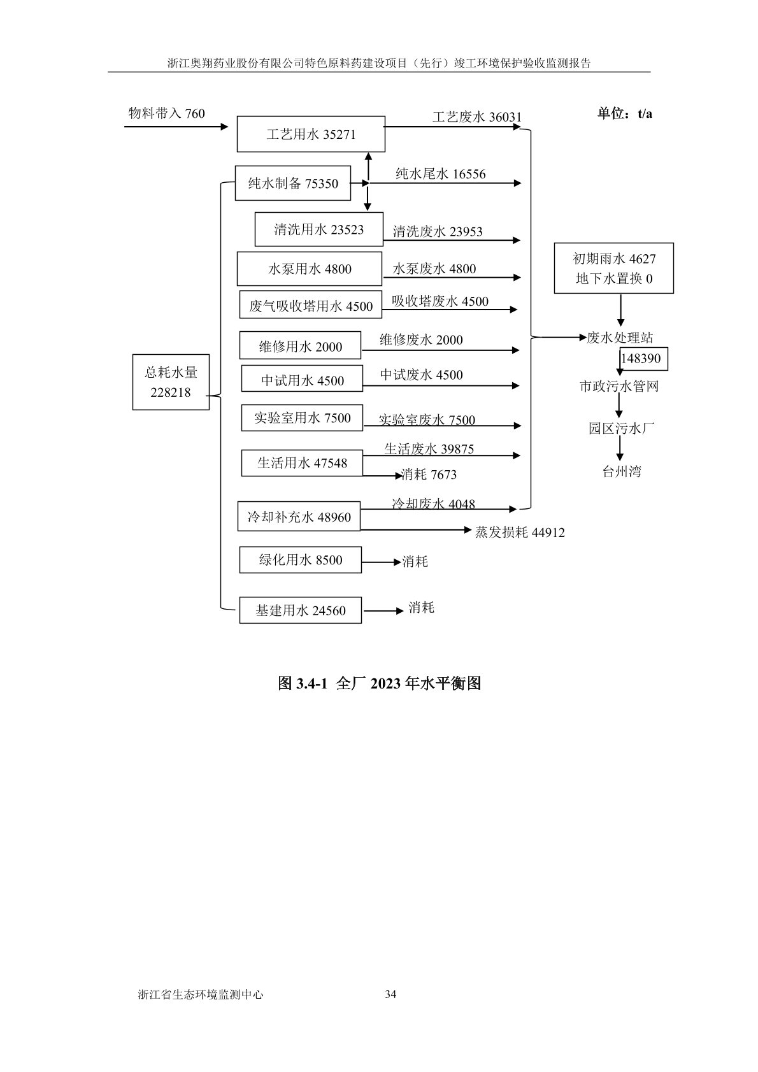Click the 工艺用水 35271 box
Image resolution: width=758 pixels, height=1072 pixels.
311,134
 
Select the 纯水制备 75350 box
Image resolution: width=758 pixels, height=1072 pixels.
293,183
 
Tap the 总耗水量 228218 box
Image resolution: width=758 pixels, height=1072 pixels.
171,382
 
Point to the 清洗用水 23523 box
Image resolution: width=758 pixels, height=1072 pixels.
318,229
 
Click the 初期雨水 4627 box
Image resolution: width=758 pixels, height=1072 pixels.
613,268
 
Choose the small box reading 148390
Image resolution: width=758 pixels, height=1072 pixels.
641,359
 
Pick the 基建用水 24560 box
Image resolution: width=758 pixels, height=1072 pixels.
300,610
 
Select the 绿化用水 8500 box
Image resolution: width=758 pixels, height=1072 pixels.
300,560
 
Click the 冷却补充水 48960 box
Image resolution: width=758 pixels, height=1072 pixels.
299,517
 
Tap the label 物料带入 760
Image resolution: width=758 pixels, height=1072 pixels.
167,113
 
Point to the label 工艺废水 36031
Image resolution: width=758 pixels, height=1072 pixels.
476,117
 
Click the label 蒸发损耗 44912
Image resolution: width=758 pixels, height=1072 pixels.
520,532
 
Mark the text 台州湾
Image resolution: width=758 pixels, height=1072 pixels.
622,471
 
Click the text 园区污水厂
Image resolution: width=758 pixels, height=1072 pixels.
620,429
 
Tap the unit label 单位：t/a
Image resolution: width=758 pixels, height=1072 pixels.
624,114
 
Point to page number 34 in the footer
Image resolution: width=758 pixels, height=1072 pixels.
391,994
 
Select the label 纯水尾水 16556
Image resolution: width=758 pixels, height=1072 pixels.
440,174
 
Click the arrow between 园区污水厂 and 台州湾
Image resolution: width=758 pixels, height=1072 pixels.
619,450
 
